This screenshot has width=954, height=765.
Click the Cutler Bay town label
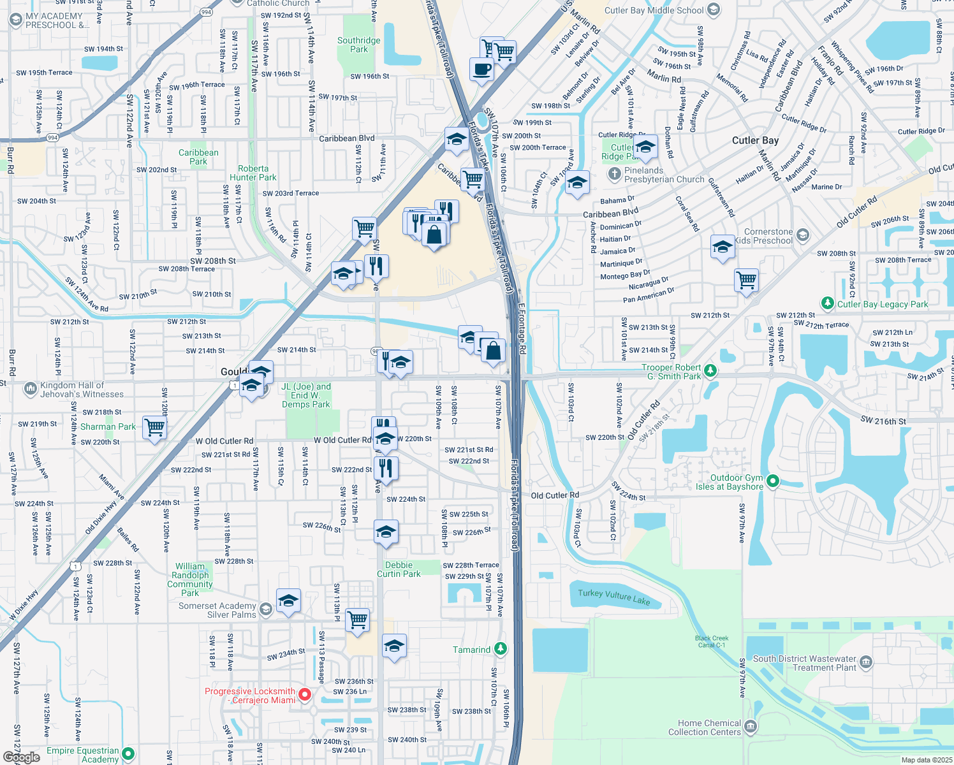click(755, 140)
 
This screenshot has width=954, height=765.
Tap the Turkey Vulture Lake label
click(613, 596)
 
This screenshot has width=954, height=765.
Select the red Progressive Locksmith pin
click(305, 694)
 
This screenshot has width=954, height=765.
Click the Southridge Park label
click(358, 45)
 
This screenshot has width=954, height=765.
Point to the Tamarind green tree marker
click(501, 649)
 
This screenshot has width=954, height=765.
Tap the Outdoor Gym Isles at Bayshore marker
click(773, 481)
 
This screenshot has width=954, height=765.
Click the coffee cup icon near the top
click(482, 69)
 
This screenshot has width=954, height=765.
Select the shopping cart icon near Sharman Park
click(154, 427)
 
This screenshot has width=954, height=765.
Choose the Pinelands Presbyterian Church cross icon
click(614, 173)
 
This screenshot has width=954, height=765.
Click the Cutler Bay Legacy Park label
click(883, 304)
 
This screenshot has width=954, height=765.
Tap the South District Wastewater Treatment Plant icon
click(865, 662)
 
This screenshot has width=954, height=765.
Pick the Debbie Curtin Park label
click(399, 569)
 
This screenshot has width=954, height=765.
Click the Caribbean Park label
click(198, 157)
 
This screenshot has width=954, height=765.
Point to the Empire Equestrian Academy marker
click(128, 754)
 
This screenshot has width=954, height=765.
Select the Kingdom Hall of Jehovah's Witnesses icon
click(30, 388)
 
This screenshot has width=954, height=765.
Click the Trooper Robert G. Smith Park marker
click(710, 371)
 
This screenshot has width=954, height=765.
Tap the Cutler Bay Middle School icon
click(714, 10)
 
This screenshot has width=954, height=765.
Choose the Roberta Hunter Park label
click(253, 173)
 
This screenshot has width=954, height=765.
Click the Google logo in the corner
click(21, 757)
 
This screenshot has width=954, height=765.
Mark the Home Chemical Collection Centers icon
click(751, 727)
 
